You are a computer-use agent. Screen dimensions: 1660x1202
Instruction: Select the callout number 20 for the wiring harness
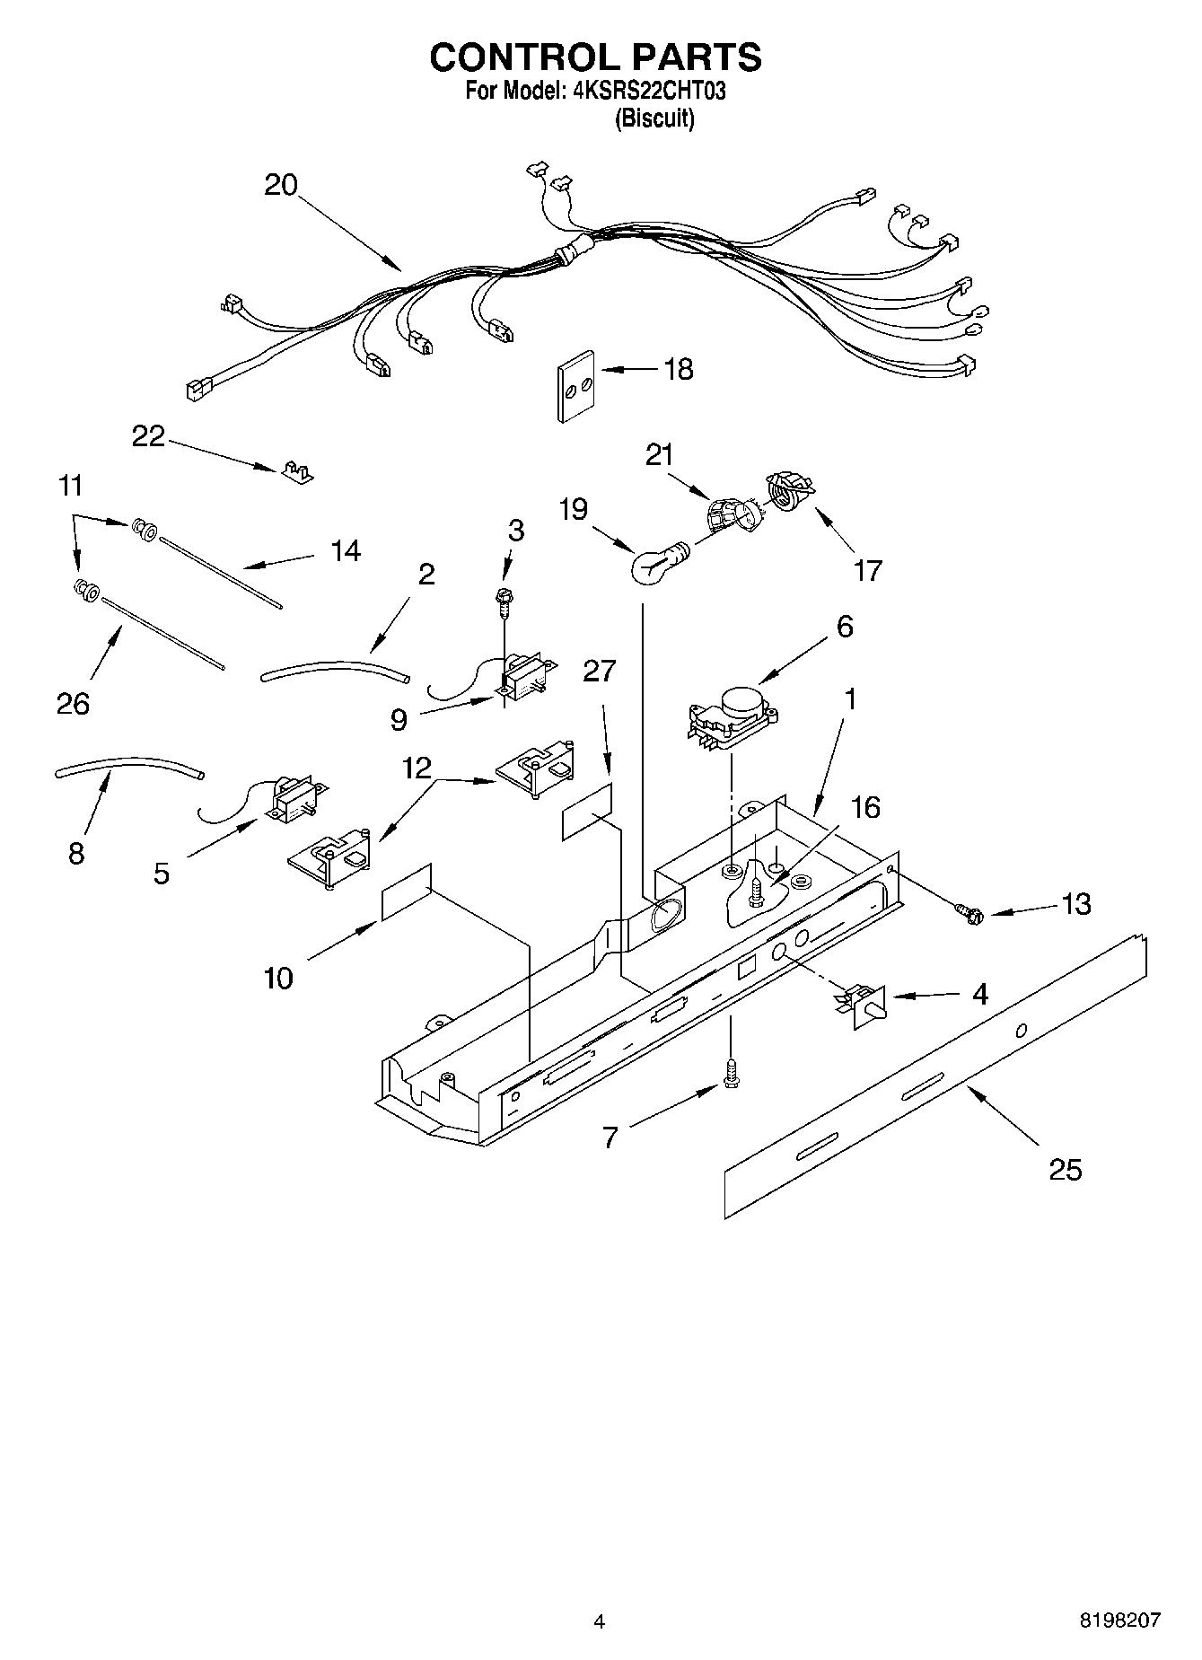(281, 185)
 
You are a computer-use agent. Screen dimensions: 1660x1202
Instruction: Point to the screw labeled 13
(972, 915)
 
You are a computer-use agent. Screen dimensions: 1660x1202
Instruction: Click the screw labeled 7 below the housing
(730, 1074)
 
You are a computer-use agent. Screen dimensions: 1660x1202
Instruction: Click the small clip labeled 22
(294, 471)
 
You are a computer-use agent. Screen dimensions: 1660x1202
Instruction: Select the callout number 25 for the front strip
(1066, 1170)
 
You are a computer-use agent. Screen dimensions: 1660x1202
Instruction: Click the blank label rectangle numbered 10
(407, 892)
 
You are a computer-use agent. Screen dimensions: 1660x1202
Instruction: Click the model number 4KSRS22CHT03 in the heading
(649, 91)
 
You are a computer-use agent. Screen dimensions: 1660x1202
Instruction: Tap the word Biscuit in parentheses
(654, 119)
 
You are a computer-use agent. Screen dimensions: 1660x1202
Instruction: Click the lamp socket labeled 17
(787, 495)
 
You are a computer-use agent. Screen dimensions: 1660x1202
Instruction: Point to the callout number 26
(73, 703)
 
